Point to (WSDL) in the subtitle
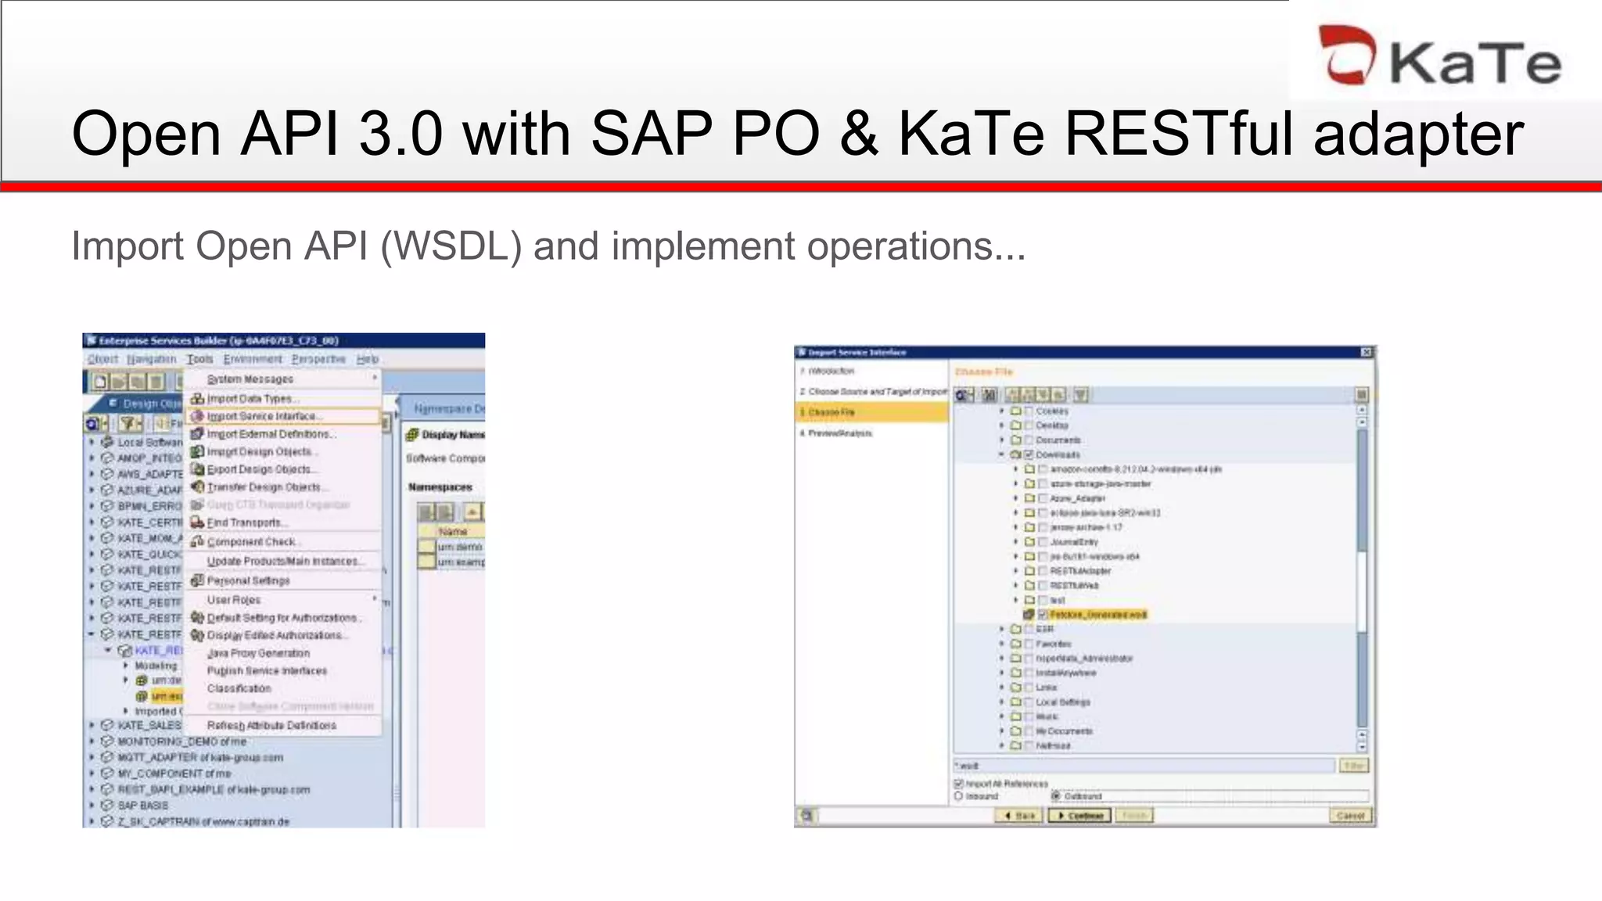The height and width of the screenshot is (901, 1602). [451, 246]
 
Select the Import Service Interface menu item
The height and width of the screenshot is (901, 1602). [262, 416]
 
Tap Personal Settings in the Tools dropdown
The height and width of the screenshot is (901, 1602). [248, 580]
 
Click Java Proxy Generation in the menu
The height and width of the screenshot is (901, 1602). [258, 653]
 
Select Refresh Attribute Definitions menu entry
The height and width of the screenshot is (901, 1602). [271, 725]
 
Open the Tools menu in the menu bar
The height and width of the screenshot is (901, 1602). [199, 359]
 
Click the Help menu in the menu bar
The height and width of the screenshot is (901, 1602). [368, 359]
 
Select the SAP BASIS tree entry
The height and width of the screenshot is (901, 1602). [142, 805]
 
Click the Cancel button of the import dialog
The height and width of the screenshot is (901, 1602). [1350, 816]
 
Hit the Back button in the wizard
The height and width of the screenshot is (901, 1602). [1019, 816]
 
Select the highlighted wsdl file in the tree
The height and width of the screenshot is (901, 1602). [1097, 615]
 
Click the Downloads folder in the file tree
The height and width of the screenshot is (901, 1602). [1058, 454]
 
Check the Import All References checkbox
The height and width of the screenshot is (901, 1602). [959, 783]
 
